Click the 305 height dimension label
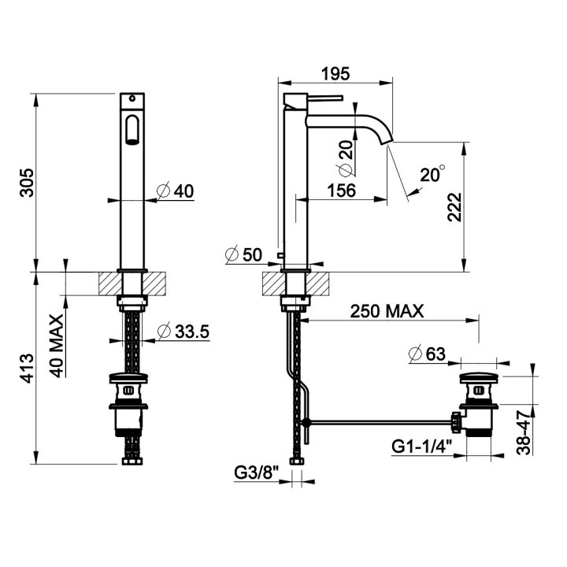[27, 182]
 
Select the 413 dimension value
[27, 369]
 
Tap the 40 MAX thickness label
[56, 346]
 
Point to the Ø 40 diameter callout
[176, 191]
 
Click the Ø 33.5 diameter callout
[183, 332]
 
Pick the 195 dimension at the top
[336, 73]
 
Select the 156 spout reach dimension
[341, 191]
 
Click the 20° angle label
[432, 174]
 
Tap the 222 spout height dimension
[454, 207]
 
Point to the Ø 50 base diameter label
[243, 254]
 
